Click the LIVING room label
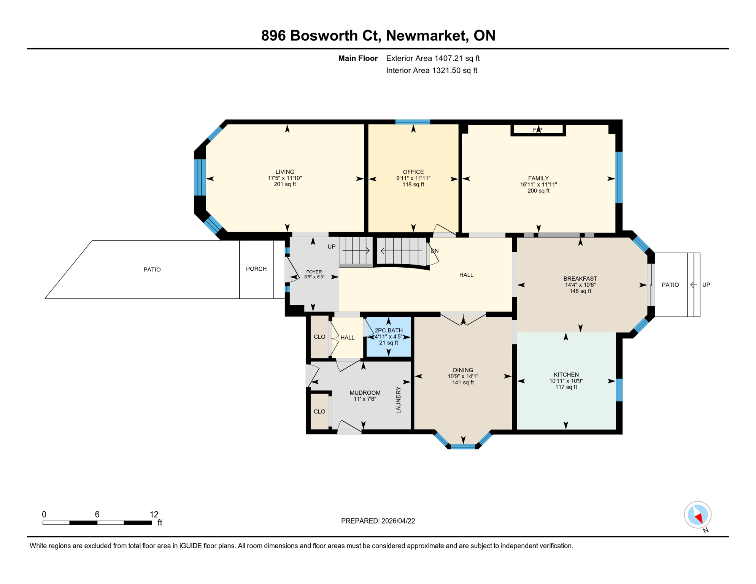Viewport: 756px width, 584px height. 284,171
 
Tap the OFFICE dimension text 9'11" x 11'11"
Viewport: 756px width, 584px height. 413,178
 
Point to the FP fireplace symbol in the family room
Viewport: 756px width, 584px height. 537,130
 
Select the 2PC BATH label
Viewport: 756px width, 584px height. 388,330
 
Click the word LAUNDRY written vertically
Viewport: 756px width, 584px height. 398,400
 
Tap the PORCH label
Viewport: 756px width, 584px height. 256,269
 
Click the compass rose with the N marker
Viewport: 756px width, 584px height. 697,515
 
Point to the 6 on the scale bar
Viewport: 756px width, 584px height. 97,514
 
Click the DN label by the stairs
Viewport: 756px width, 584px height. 434,251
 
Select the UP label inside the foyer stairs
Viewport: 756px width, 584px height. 331,246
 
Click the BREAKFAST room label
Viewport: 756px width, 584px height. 580,278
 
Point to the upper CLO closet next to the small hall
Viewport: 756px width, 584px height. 319,337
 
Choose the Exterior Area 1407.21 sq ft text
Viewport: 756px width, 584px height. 432,58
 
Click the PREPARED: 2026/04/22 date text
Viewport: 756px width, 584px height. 378,521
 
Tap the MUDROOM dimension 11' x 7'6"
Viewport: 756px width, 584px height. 365,399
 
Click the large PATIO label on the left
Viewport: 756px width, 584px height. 152,269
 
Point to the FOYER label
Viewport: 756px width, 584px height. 314,272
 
